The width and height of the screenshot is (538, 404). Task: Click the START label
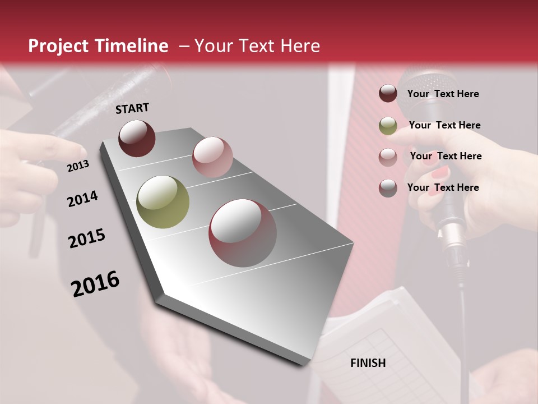[132, 108]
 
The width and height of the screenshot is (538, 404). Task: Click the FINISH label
[368, 363]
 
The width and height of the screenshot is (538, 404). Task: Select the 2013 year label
[78, 166]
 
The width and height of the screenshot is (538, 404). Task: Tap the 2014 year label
[82, 199]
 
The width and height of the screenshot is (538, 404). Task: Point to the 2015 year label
[87, 238]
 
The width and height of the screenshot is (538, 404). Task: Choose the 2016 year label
[95, 283]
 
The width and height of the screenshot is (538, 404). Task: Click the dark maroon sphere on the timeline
[137, 138]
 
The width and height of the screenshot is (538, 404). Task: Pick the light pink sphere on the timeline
[212, 157]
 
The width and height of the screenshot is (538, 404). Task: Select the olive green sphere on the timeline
[163, 202]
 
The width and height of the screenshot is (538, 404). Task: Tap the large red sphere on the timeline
[243, 233]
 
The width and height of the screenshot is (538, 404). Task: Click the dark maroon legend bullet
[388, 94]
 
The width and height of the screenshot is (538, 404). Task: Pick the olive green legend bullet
[388, 126]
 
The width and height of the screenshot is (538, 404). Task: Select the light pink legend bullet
[388, 157]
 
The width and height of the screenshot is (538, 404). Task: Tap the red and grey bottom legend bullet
[388, 188]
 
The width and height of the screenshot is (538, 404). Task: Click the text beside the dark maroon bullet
[443, 94]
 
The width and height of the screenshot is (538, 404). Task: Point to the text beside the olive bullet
[444, 125]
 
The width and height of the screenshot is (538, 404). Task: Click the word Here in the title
[300, 46]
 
